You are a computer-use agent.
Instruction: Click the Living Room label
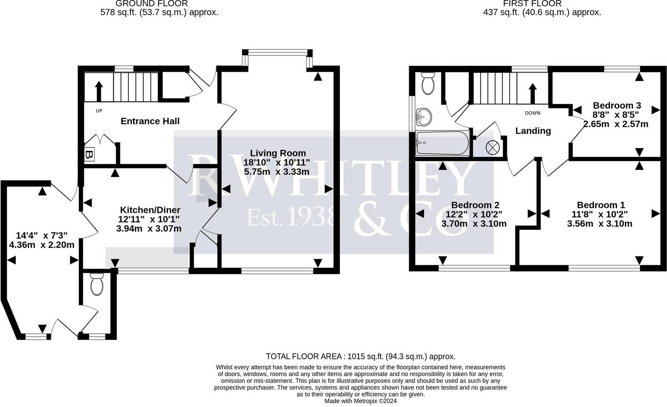278,153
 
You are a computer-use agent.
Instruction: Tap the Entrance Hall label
150,121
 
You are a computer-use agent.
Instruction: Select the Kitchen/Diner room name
150,210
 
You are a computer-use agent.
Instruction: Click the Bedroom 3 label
617,105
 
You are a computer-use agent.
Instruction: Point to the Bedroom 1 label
601,205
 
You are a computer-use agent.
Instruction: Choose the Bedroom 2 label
475,205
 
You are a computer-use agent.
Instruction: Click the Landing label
533,131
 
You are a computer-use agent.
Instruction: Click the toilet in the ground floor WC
97,284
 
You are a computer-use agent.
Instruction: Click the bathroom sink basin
424,117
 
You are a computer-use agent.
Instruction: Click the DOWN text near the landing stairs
532,113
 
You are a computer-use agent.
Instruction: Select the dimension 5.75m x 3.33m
277,172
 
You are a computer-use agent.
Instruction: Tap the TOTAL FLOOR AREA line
361,357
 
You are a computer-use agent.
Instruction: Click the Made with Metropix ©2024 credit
361,401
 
